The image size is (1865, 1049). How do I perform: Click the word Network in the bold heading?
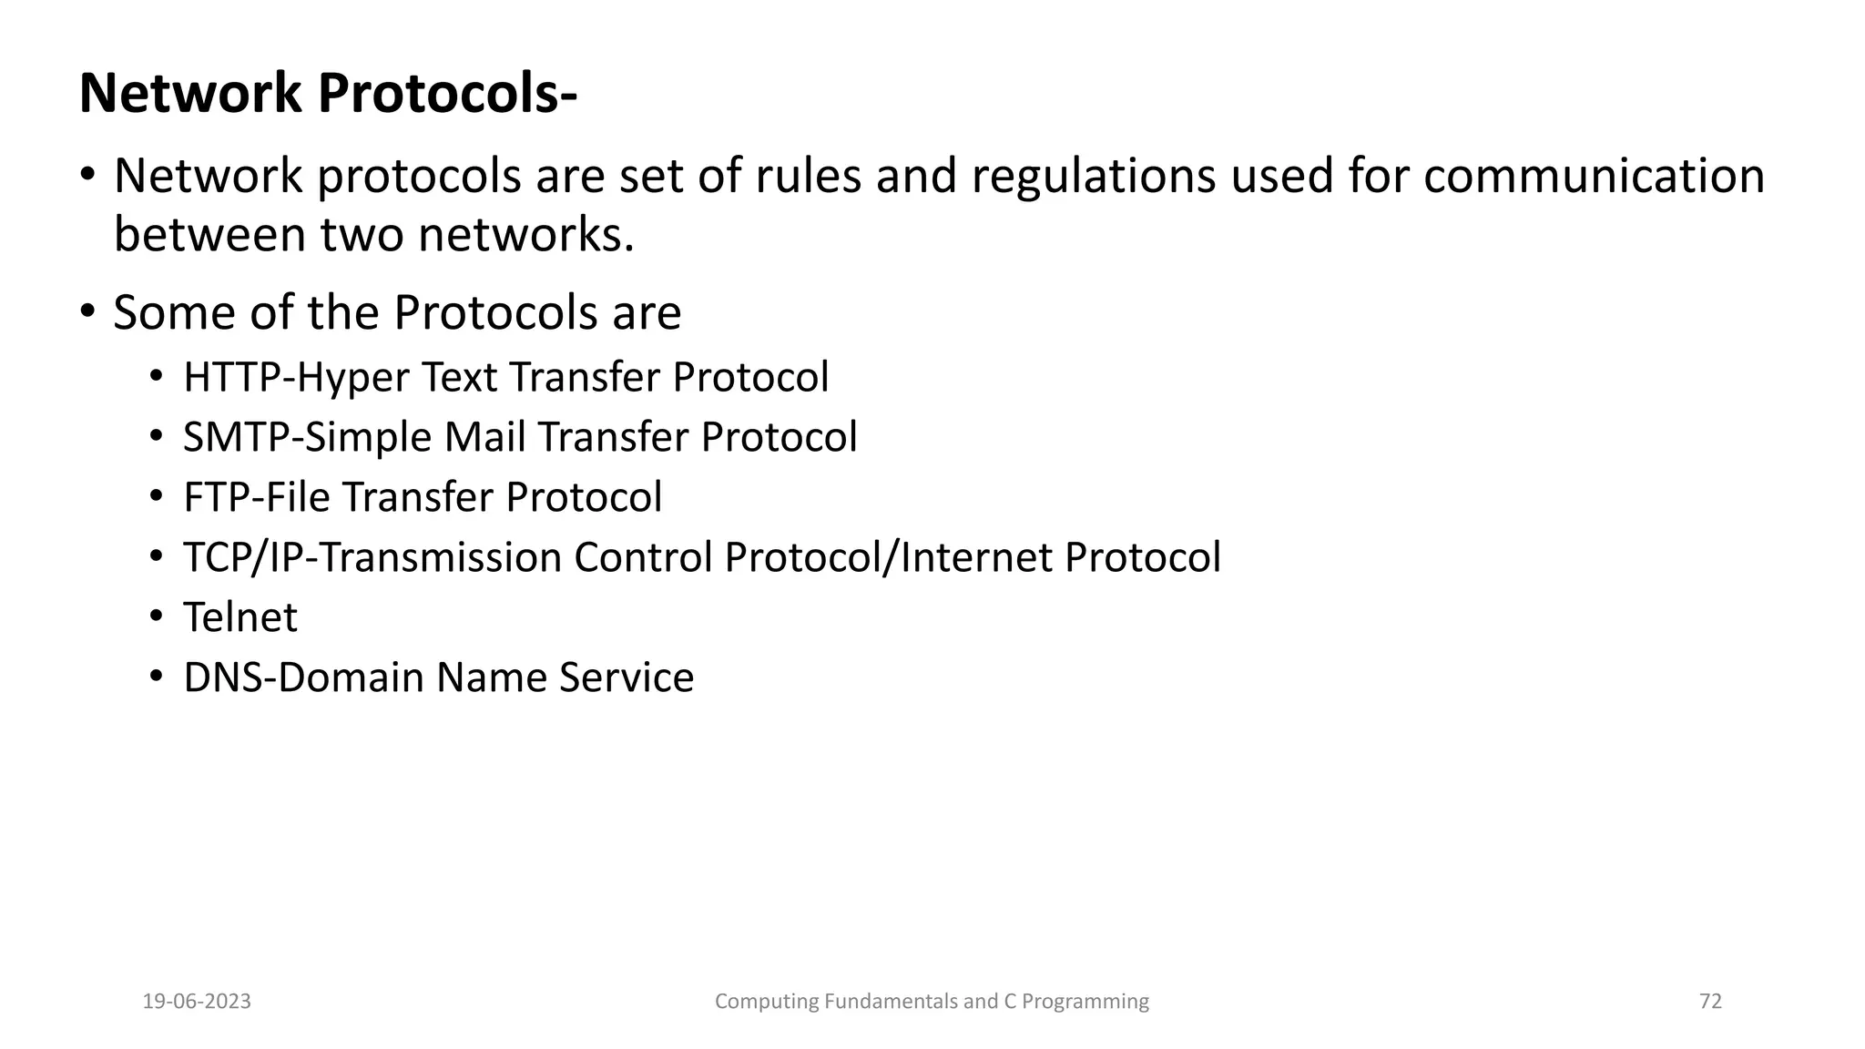pyautogui.click(x=190, y=94)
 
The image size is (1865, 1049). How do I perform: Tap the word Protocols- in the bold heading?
pyautogui.click(x=447, y=94)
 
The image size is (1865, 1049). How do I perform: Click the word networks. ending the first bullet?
pyautogui.click(x=526, y=235)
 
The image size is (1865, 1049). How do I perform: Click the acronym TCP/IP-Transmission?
pyautogui.click(x=372, y=557)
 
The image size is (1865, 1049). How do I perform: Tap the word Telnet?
pyautogui.click(x=240, y=617)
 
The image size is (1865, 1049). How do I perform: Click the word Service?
pyautogui.click(x=627, y=677)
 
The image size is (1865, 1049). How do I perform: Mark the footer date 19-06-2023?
pyautogui.click(x=197, y=1002)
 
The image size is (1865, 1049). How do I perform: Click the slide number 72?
pyautogui.click(x=1710, y=1002)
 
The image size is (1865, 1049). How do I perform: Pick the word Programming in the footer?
pyautogui.click(x=1085, y=1002)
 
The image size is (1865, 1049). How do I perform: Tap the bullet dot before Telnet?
pyautogui.click(x=157, y=616)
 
